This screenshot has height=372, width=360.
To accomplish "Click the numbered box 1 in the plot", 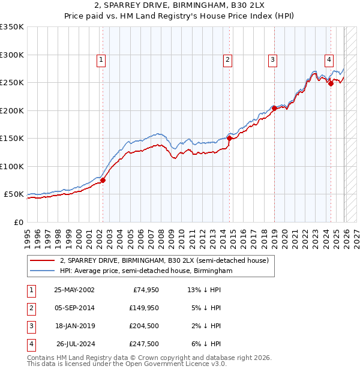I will tap(101, 59).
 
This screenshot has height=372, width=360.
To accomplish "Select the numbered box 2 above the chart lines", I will tap(228, 59).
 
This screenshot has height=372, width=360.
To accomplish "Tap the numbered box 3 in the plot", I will tap(272, 59).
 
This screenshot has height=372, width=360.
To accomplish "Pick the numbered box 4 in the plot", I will tap(329, 59).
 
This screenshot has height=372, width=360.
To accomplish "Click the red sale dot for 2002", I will tap(103, 180).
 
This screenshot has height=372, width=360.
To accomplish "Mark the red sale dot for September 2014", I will tap(229, 138).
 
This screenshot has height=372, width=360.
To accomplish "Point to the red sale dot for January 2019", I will tap(274, 108).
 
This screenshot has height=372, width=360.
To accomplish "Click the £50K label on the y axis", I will tap(14, 194).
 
